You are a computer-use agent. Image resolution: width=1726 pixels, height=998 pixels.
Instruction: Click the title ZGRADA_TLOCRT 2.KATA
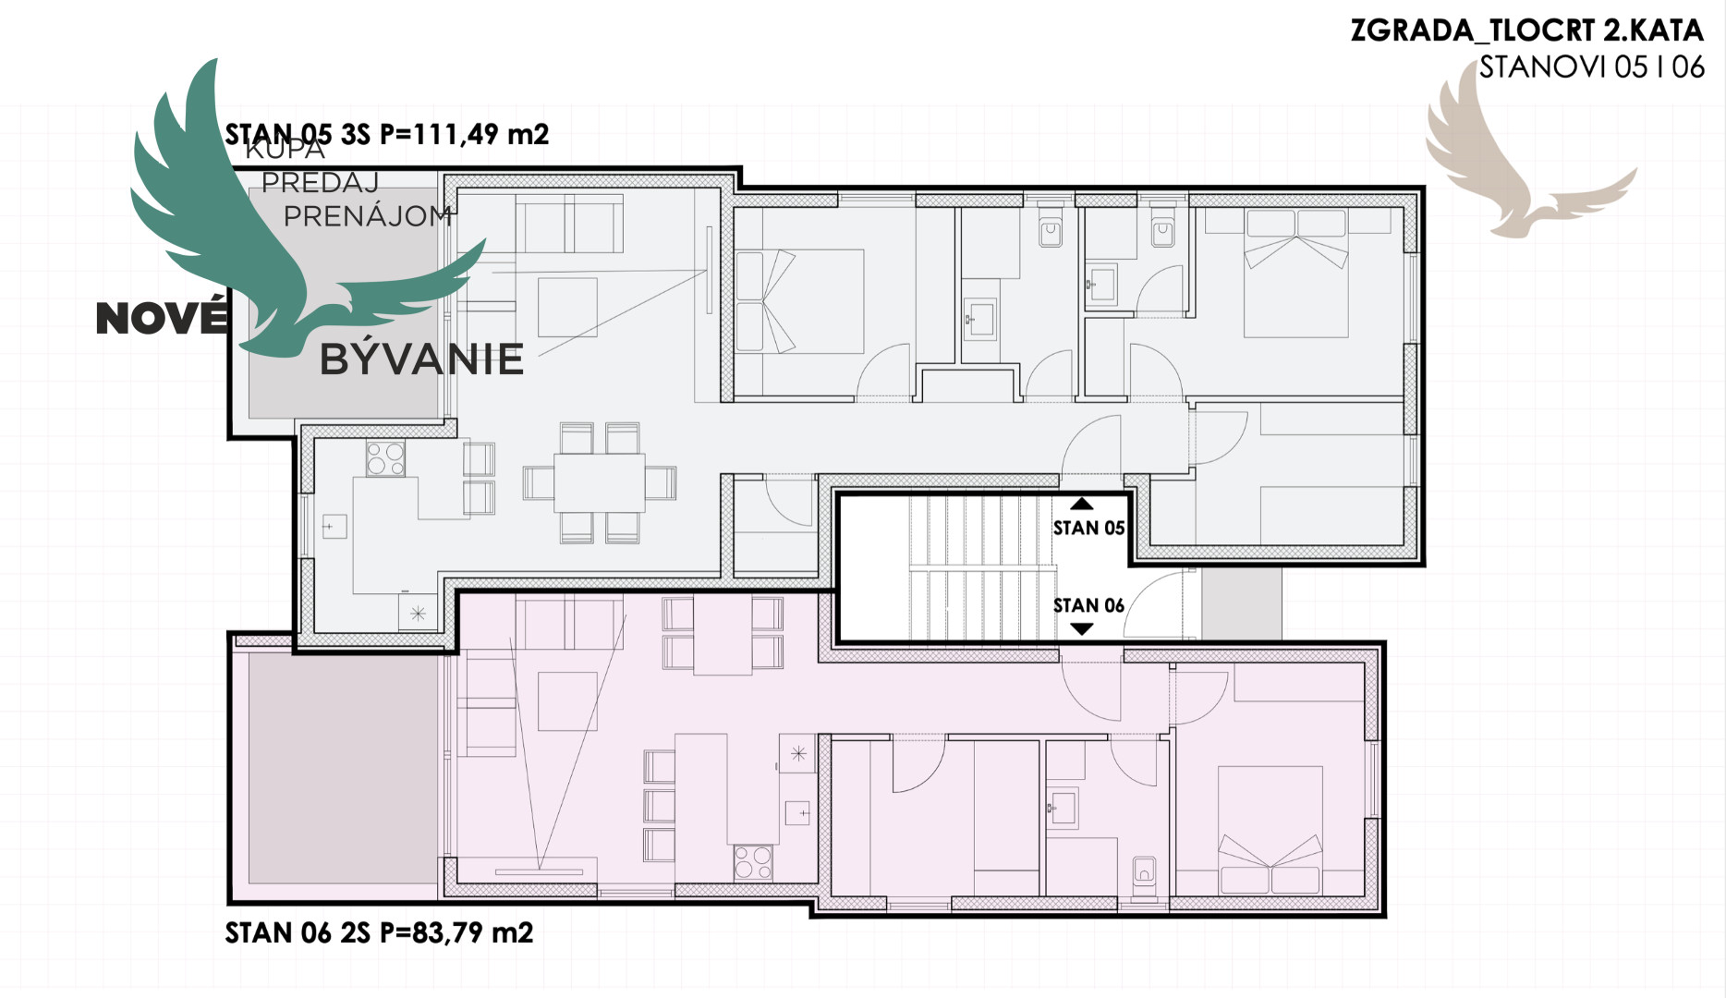coord(1526,30)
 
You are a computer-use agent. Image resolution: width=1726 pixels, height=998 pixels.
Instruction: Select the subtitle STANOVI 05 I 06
coord(1591,67)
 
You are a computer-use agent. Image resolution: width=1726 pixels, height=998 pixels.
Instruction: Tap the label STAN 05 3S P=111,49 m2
coord(387,135)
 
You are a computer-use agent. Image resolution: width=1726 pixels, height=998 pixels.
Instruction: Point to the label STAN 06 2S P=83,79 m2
coord(380,932)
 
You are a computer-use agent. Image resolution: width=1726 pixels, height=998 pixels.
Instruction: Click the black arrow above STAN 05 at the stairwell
coord(1082,505)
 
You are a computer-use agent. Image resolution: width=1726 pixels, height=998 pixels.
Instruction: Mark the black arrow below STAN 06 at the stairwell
coord(1082,629)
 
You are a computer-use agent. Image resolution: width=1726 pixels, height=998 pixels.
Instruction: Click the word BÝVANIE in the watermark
coord(421,359)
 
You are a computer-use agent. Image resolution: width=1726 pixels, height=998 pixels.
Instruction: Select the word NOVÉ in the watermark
coord(162,318)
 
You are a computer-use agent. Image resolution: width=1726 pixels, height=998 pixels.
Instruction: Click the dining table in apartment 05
coord(600,482)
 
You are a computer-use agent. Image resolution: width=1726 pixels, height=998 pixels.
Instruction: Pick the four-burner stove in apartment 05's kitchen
coord(385,458)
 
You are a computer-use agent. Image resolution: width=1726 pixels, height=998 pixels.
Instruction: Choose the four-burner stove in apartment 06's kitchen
coord(753,862)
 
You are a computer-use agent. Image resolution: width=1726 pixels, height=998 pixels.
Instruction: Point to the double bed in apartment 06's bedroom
coord(1270,830)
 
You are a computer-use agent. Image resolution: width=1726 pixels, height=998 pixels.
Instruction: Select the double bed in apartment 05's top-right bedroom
coord(1295,273)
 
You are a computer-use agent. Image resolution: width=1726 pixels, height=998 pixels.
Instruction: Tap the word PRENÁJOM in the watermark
coord(368,216)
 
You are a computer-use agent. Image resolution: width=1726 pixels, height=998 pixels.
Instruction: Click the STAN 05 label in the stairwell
coord(1088,528)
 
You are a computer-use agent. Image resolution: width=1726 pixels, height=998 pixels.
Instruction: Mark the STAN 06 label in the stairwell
coord(1088,605)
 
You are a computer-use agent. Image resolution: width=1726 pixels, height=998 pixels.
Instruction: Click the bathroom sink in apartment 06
coord(1063,808)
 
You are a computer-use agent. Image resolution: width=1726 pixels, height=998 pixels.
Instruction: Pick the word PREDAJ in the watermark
coord(321,183)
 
